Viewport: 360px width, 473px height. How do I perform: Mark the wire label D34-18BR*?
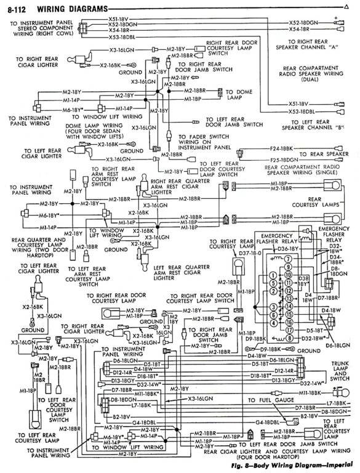point(338,261)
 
